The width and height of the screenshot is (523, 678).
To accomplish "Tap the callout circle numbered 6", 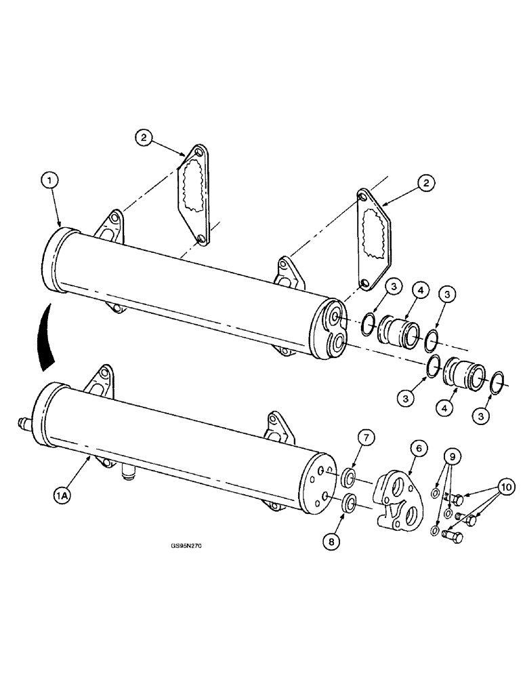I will (419, 449).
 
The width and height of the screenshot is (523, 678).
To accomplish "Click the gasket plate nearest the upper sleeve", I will (373, 241).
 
